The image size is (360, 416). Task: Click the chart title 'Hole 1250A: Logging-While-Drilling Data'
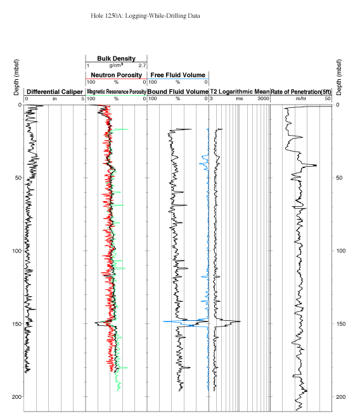[145, 16]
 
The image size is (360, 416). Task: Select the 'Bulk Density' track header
[117, 58]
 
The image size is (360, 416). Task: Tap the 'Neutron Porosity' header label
[117, 75]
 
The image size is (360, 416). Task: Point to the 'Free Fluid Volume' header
[178, 75]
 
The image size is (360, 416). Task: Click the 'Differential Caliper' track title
[55, 92]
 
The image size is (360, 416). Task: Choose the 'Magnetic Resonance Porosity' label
[117, 91]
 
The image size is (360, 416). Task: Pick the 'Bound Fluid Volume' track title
[178, 91]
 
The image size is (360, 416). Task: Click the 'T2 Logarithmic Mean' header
[240, 91]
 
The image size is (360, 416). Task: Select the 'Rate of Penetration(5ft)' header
[301, 92]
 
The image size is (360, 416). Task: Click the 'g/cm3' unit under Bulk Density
[116, 65]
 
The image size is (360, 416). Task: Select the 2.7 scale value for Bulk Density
[142, 65]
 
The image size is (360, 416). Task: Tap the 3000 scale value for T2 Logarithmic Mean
[263, 99]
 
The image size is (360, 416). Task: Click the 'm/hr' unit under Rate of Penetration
[301, 99]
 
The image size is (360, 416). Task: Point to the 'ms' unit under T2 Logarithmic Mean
[240, 99]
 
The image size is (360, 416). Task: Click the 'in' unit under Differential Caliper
[55, 99]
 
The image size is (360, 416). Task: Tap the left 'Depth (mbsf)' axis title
[16, 77]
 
